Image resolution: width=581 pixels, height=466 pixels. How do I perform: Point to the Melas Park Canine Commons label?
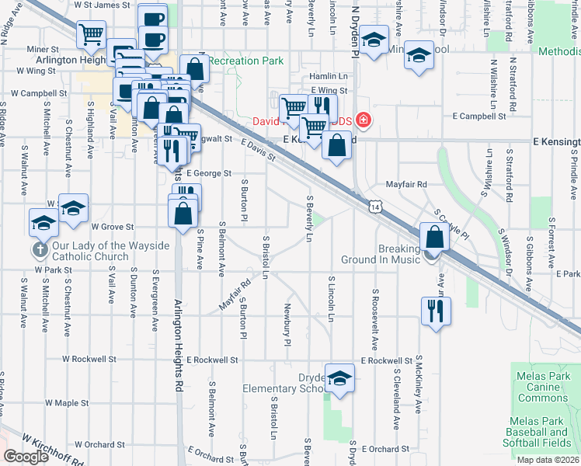(x=542, y=387)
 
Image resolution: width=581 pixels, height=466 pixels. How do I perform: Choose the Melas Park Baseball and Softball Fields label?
(x=542, y=432)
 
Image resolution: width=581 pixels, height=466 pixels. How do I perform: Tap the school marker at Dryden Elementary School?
(x=339, y=378)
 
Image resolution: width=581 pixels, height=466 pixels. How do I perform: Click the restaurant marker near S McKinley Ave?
(x=435, y=311)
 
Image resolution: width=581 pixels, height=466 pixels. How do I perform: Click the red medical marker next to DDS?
(x=363, y=121)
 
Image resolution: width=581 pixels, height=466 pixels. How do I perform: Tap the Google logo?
(x=26, y=457)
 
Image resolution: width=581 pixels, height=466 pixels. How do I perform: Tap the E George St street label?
(x=208, y=173)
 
